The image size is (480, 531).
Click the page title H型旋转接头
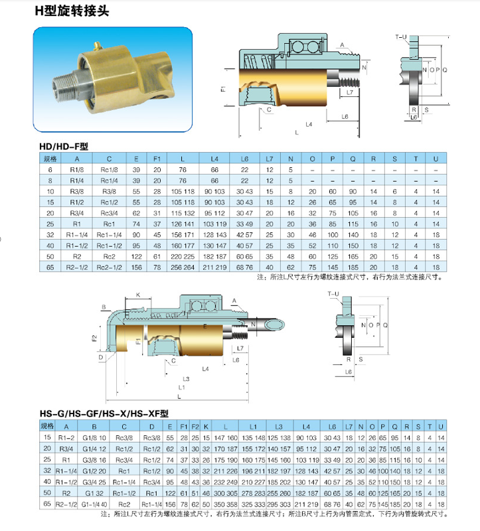click(72, 11)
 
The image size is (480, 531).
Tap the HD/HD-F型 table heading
click(64, 146)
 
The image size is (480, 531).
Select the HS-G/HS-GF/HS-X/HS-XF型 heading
click(104, 414)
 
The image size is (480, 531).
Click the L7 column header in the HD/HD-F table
click(270, 159)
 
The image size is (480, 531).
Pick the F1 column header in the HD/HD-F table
click(157, 159)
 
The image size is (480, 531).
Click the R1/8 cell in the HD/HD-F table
click(77, 170)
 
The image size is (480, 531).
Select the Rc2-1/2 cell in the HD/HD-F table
click(109, 267)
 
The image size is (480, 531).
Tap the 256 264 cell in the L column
click(183, 267)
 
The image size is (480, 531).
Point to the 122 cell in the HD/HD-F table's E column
click(136, 256)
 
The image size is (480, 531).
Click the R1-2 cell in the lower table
click(66, 438)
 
